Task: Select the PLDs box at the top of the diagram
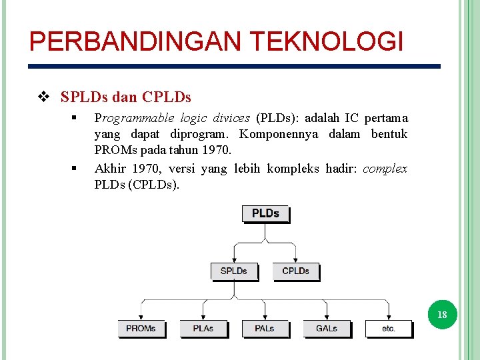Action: tap(265, 213)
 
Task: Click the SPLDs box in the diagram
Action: tap(233, 271)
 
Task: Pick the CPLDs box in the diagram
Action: tap(295, 271)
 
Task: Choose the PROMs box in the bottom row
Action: tap(141, 328)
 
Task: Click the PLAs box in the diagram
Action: tap(203, 328)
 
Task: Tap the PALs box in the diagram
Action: tap(265, 328)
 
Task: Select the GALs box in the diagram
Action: tap(327, 328)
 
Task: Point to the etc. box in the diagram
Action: tap(389, 328)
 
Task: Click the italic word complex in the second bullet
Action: tap(385, 169)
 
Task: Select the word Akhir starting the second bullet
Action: tap(111, 169)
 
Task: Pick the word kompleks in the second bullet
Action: tap(293, 169)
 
